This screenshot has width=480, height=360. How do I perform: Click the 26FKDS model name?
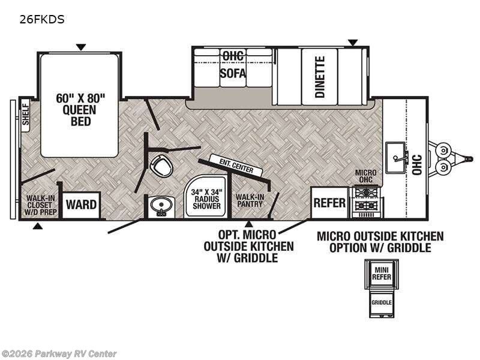[42, 19]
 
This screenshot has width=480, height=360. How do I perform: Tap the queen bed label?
[80, 110]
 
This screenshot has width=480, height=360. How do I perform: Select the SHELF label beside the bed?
[25, 115]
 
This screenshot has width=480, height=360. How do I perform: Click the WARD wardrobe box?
[81, 205]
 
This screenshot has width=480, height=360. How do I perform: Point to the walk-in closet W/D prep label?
[40, 205]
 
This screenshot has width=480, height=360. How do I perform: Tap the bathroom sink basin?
[161, 205]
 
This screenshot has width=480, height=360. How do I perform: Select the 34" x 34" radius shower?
[206, 196]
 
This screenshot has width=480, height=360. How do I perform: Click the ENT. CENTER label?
[236, 166]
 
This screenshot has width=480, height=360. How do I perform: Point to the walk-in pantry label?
[250, 200]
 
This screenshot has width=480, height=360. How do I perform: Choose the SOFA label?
[233, 73]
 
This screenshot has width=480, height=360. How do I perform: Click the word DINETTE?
[320, 77]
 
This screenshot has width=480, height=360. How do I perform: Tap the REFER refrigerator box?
[329, 203]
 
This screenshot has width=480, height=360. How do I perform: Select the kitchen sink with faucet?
[397, 157]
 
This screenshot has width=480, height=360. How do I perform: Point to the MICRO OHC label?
[365, 176]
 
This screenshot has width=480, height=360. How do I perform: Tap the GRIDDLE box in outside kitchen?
[382, 303]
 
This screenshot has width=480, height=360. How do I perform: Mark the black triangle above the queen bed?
[81, 47]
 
